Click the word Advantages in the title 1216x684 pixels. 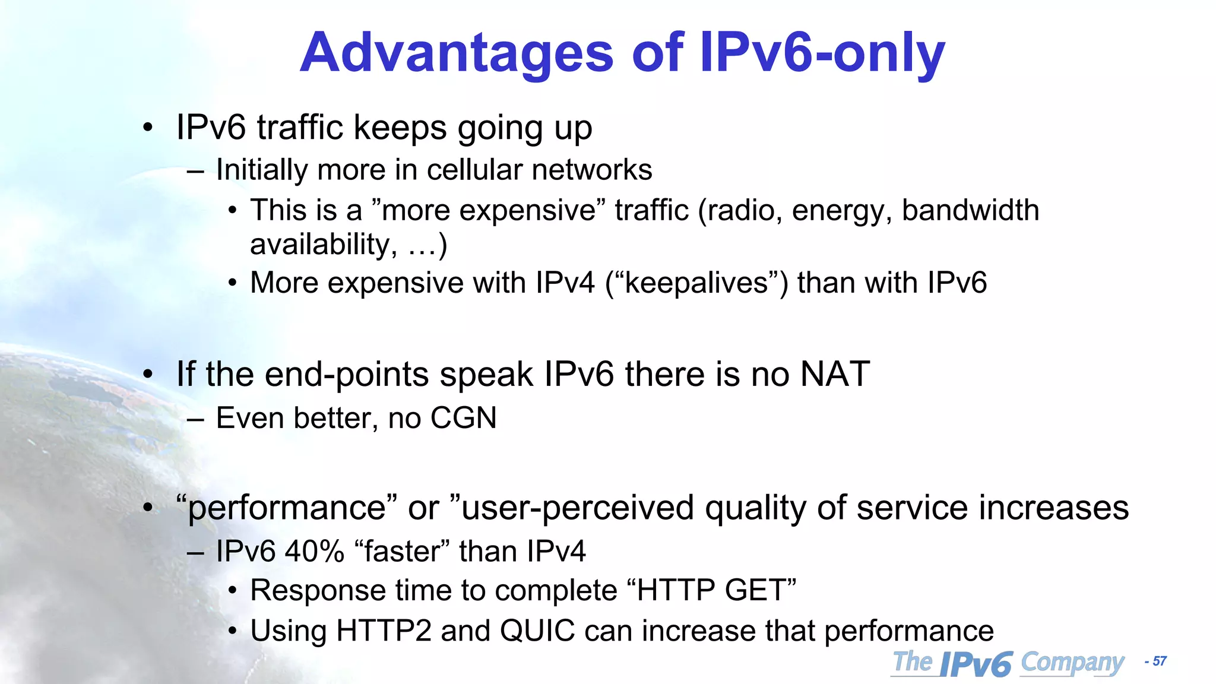456,53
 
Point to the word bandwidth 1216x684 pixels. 970,210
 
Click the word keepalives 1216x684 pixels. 696,283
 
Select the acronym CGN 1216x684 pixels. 463,418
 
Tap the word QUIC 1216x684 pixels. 537,631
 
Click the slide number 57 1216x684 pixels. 1159,661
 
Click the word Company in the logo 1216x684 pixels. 1072,663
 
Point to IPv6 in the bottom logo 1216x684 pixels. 976,664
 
